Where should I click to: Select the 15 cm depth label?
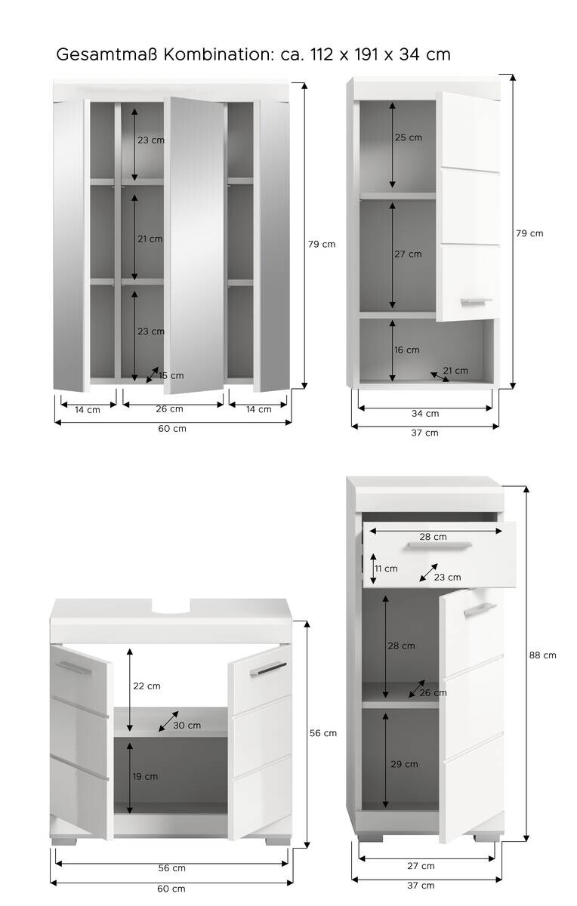[171, 375]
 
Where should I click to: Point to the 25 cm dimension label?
[408, 137]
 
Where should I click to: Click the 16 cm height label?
[407, 350]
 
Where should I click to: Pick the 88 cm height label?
[543, 655]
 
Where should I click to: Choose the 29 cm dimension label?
[405, 764]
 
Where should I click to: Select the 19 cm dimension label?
[146, 776]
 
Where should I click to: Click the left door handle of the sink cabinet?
[73, 668]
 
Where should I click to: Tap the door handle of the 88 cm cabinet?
[479, 609]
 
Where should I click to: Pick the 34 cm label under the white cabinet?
[425, 413]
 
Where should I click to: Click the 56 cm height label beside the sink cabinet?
[324, 733]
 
